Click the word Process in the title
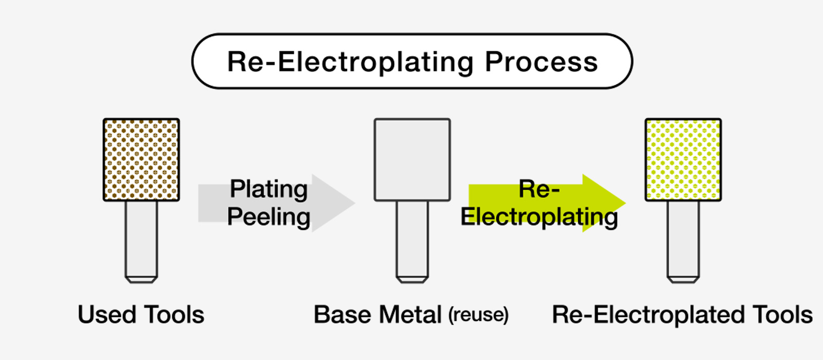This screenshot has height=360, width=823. (x=541, y=62)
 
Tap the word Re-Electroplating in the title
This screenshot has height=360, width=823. (x=350, y=63)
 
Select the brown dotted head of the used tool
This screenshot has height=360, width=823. (x=141, y=159)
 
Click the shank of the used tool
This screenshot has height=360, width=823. (x=141, y=239)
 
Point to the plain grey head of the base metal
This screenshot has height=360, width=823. (x=412, y=159)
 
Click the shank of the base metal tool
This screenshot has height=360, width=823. (x=412, y=239)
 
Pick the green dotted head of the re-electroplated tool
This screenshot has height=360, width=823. (x=683, y=159)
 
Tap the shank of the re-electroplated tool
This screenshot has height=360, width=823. (x=683, y=239)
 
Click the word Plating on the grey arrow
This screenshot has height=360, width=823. (x=269, y=189)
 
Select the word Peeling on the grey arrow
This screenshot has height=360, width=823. (x=269, y=217)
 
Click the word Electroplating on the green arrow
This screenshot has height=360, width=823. (x=539, y=217)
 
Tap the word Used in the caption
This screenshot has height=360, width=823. (x=106, y=315)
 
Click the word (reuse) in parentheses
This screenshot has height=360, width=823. (x=478, y=315)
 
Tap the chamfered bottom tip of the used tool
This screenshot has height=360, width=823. (x=141, y=280)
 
